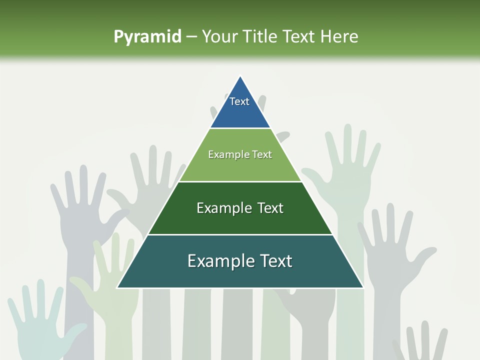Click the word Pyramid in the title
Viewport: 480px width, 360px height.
[147, 36]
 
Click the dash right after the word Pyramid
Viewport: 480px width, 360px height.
[191, 37]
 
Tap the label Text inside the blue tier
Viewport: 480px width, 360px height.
[239, 101]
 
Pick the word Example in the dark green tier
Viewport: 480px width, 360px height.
[223, 208]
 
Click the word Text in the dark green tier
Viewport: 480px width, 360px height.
[270, 208]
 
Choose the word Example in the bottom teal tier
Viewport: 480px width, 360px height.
[219, 261]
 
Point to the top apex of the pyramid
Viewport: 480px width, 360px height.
[240, 76]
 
